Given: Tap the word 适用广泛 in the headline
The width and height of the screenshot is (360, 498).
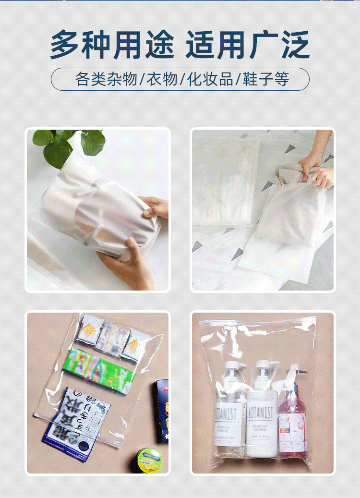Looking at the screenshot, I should (x=248, y=45).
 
